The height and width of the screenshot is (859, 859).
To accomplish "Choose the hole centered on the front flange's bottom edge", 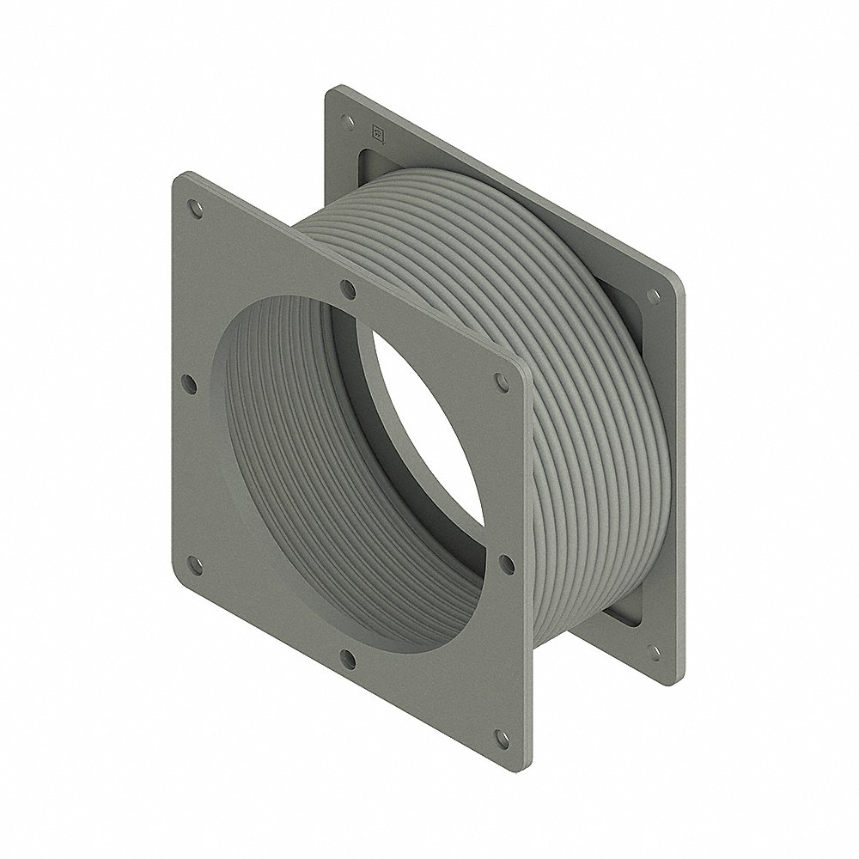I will [346, 659].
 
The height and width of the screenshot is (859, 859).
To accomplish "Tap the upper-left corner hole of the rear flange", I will [346, 119].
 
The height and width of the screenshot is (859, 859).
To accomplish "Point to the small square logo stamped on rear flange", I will [376, 131].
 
